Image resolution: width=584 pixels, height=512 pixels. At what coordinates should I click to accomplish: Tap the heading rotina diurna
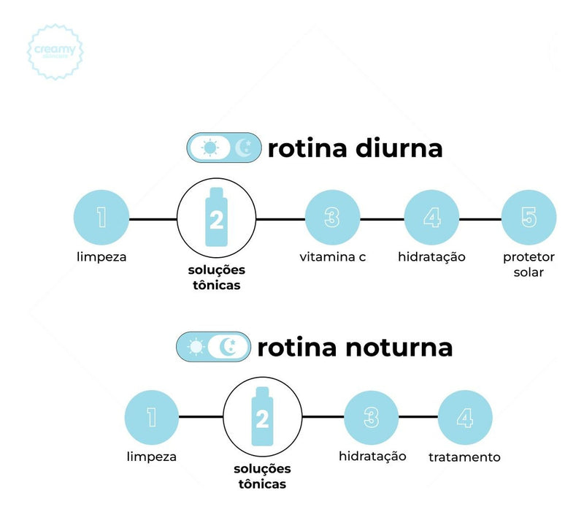(355, 148)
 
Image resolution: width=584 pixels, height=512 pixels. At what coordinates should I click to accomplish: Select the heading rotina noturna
(355, 347)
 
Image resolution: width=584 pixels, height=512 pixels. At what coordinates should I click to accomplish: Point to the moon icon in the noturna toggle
(229, 347)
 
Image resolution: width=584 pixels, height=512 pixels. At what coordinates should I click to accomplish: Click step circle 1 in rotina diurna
(101, 218)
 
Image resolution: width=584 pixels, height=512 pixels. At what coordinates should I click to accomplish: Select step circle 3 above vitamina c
(332, 218)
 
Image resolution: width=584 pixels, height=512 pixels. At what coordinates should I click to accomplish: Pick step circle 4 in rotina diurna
(432, 218)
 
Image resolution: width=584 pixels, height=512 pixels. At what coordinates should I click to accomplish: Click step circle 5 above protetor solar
(529, 218)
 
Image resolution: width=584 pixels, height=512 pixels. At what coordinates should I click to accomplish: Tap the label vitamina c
(332, 257)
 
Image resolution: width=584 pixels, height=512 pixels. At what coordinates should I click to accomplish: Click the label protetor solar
(529, 264)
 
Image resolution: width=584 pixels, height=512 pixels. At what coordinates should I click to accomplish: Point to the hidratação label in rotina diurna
(432, 257)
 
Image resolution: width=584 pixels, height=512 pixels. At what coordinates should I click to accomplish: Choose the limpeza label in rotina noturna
(151, 457)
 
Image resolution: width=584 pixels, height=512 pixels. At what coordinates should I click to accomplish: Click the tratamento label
(465, 457)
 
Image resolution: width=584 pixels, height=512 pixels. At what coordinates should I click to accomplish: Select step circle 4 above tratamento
(465, 417)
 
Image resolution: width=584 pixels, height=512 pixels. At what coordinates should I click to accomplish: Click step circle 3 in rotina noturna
(372, 417)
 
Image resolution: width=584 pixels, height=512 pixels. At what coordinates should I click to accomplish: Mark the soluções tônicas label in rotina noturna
(262, 475)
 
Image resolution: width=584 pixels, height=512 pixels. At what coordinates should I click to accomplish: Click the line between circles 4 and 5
(480, 218)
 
